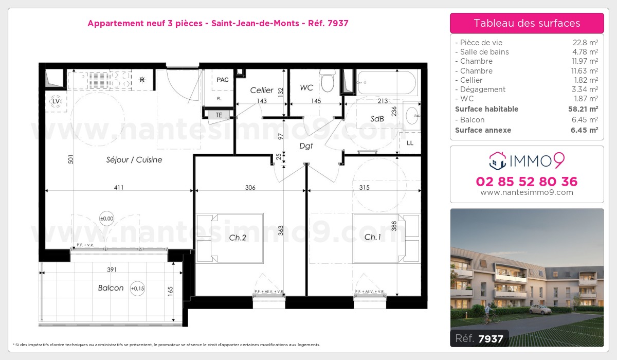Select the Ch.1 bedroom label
tap(372, 237)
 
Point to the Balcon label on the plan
tap(111, 288)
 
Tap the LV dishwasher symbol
tap(56, 101)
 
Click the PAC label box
tap(223, 80)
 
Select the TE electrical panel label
tap(219, 115)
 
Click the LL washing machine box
tap(410, 142)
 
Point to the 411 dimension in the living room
tap(119, 188)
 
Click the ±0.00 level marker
tap(106, 219)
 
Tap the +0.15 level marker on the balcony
tap(138, 289)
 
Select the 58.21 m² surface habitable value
tap(586, 109)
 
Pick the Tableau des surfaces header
tap(527, 23)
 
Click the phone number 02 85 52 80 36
tap(527, 182)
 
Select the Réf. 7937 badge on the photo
tap(479, 338)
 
